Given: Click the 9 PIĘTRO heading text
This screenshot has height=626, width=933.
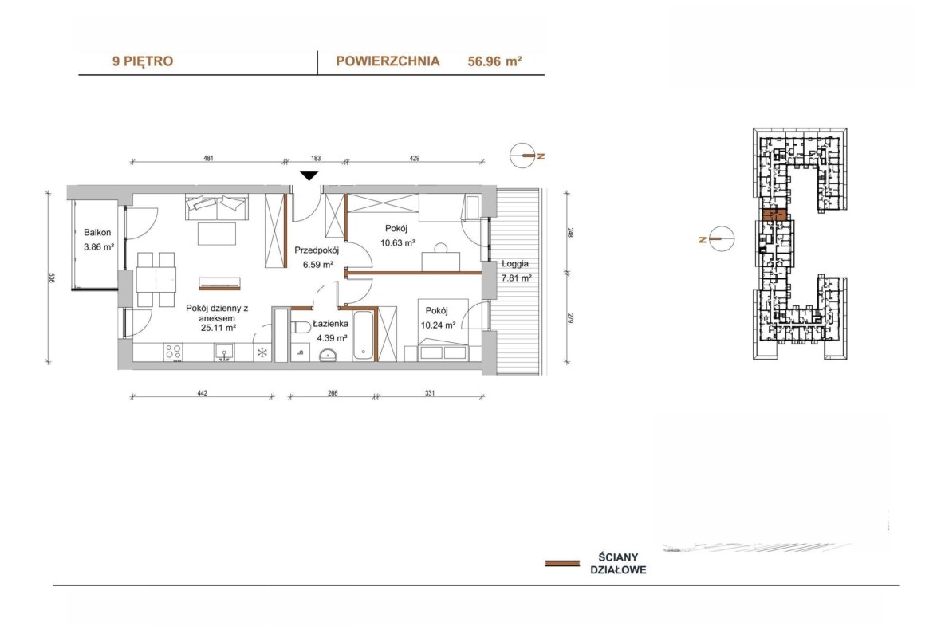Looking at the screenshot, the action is click(x=143, y=61).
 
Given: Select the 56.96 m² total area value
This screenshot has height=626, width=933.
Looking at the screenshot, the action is click(x=495, y=61).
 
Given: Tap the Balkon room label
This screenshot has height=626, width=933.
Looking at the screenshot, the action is click(x=97, y=233).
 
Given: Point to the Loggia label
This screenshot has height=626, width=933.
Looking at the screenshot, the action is click(x=514, y=264).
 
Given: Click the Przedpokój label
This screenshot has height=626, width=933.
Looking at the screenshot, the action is click(x=317, y=250).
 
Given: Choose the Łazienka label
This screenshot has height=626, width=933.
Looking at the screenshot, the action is click(x=332, y=324).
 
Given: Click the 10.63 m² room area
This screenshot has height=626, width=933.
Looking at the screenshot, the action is click(x=397, y=242).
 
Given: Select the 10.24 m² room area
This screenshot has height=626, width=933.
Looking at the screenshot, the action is click(x=438, y=325).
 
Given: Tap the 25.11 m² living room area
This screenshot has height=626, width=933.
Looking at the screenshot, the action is click(x=218, y=327).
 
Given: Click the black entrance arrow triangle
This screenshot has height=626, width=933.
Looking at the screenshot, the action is click(x=309, y=175).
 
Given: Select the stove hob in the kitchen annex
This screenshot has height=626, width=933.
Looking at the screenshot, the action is click(x=173, y=352).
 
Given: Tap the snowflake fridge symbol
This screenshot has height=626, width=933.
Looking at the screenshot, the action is click(x=262, y=352).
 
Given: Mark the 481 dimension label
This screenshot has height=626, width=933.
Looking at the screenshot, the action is click(x=208, y=158).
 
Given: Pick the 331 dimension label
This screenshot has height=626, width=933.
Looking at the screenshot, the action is click(x=430, y=392).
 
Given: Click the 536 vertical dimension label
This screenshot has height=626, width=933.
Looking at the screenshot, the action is click(x=52, y=278).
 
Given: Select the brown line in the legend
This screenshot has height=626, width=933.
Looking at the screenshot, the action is click(x=562, y=563).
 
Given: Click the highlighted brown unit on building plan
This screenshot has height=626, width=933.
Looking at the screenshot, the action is click(x=775, y=215).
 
